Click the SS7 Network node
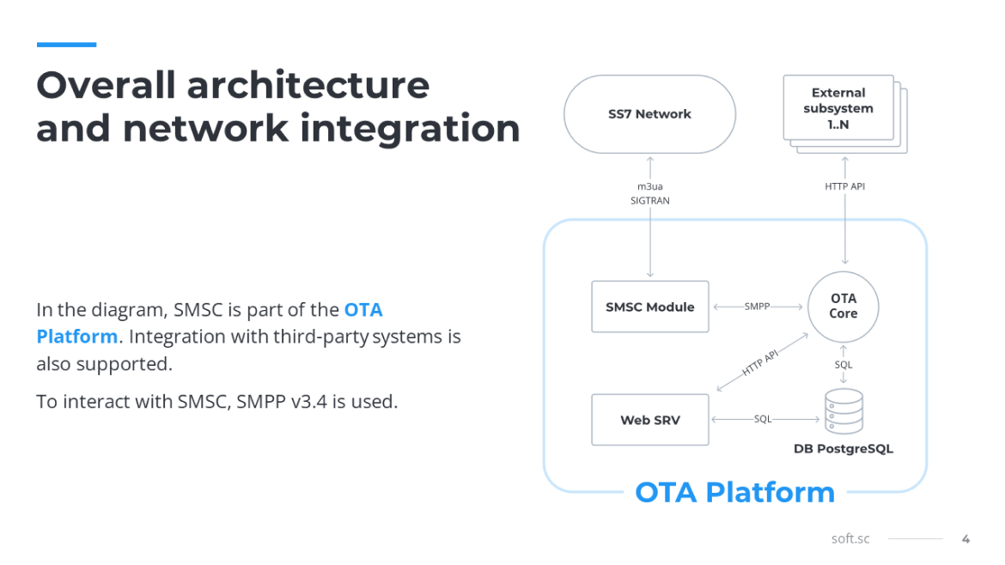click(x=649, y=114)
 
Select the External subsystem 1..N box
click(x=838, y=107)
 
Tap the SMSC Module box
click(x=650, y=307)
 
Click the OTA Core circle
click(x=843, y=307)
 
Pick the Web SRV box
click(x=650, y=420)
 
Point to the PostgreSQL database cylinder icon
click(x=844, y=411)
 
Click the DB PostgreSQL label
click(x=843, y=448)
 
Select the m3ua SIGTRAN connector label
click(x=650, y=193)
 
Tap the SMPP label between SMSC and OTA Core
click(x=757, y=307)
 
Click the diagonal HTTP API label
click(x=760, y=362)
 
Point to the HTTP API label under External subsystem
click(x=844, y=186)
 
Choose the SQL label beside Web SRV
click(x=763, y=419)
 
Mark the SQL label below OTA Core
click(x=844, y=364)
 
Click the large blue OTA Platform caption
click(x=735, y=492)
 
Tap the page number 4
click(x=965, y=539)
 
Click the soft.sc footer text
click(x=850, y=538)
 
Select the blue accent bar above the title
click(x=67, y=45)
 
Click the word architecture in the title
click(x=308, y=85)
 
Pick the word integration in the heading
click(x=411, y=129)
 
